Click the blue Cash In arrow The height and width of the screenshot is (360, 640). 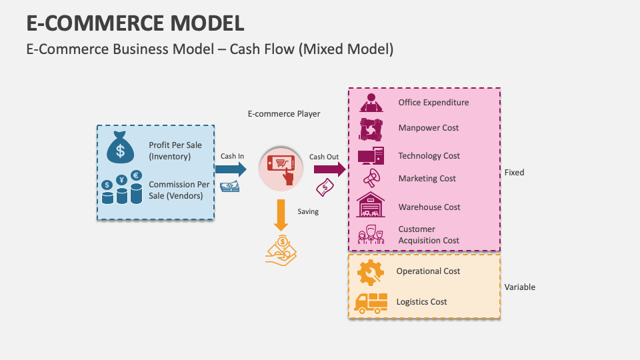[230, 169]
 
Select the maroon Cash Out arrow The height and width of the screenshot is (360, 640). [329, 169]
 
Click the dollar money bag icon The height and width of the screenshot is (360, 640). [120, 147]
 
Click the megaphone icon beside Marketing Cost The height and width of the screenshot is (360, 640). [371, 178]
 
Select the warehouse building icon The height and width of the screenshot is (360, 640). [371, 205]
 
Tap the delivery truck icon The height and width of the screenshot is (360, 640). [371, 303]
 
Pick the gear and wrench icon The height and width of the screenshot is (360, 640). [370, 272]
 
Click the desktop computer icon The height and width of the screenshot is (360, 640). [371, 156]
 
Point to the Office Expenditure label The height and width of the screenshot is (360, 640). [433, 103]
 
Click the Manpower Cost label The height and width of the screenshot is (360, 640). [429, 127]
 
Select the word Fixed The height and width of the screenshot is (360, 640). [514, 173]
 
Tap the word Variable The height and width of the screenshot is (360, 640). [519, 287]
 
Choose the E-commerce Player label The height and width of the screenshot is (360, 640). [284, 114]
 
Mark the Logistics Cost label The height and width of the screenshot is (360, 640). [421, 302]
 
